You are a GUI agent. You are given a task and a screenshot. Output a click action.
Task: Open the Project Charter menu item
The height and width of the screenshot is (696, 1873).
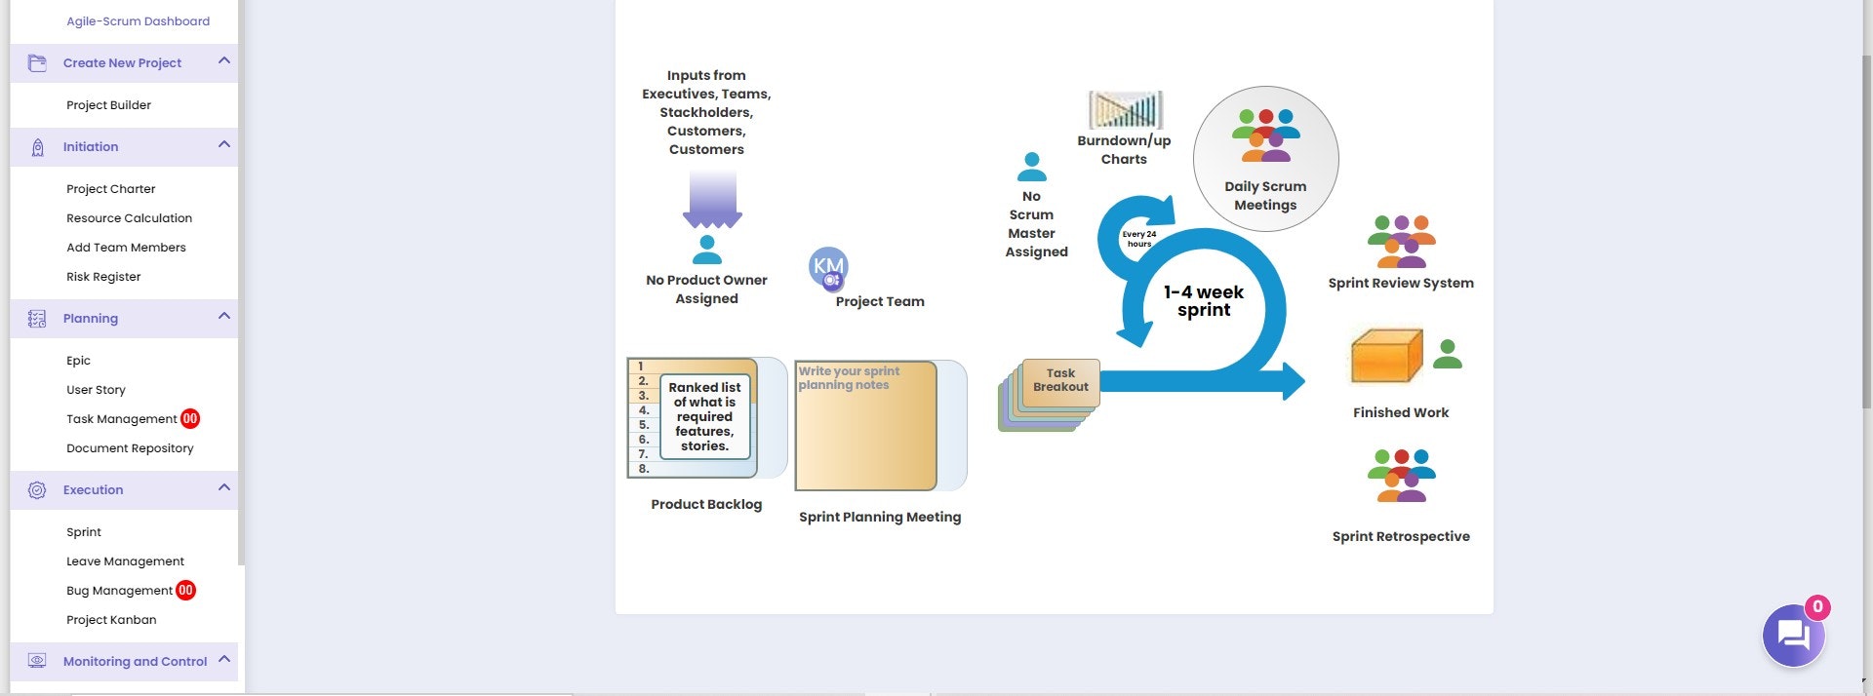tap(110, 189)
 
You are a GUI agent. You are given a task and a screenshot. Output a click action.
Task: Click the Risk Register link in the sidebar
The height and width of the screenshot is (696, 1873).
tap(103, 277)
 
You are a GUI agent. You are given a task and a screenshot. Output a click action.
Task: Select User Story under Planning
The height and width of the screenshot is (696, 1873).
tap(96, 390)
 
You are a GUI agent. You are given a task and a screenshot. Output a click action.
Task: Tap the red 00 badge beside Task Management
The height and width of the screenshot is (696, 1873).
tap(190, 418)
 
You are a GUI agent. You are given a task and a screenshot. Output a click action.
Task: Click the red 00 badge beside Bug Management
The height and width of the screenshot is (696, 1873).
tap(185, 590)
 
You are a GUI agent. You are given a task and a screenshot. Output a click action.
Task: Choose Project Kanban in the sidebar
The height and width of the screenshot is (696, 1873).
tap(111, 620)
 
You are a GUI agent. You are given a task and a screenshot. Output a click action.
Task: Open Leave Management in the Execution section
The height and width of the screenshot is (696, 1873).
tap(125, 561)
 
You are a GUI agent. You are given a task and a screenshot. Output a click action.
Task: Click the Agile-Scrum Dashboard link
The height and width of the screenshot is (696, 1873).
tap(138, 21)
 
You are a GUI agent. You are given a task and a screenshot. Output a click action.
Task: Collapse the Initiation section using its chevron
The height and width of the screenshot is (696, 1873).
tap(224, 145)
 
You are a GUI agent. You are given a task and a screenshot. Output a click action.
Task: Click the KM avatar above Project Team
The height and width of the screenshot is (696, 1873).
tap(828, 267)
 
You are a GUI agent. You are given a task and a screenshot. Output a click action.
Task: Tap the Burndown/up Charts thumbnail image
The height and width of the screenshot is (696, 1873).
tap(1126, 110)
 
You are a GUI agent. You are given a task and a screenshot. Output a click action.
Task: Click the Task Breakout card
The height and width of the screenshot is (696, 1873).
tap(1060, 381)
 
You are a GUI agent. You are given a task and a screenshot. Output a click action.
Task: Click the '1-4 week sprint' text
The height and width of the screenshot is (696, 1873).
tap(1204, 301)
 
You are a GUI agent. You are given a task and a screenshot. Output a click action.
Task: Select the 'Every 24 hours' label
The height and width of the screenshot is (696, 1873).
tap(1139, 239)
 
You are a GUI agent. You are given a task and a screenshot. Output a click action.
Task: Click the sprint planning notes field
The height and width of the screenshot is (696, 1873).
tap(866, 426)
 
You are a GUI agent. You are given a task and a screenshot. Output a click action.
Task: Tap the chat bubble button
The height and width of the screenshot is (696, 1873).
tap(1793, 636)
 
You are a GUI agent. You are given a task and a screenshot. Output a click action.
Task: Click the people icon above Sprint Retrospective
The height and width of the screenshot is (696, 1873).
tap(1402, 476)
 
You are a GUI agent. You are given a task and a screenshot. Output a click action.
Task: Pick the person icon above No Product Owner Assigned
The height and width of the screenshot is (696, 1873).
tap(707, 250)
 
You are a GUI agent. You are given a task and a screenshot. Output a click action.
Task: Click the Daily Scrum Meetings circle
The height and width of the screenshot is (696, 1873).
tap(1266, 159)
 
